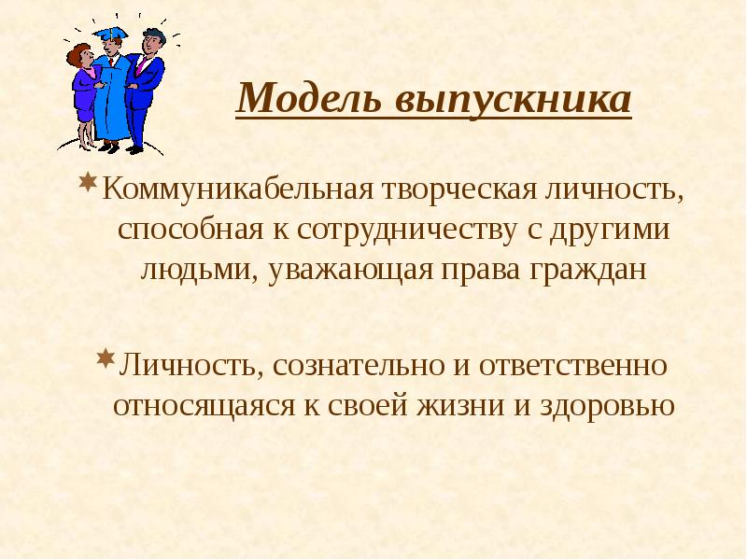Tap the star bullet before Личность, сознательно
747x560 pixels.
[x=106, y=357]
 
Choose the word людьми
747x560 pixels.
[x=190, y=270]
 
